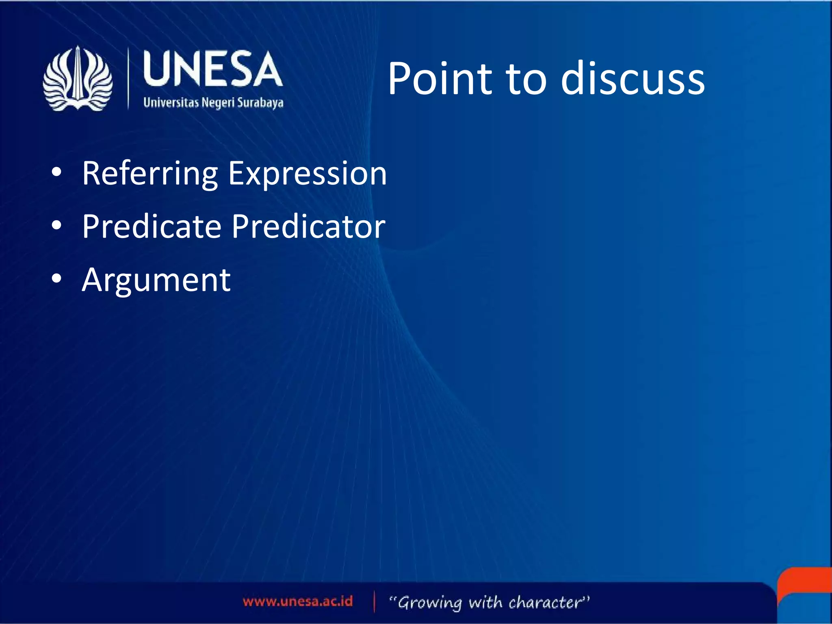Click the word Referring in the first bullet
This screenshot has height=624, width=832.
tap(150, 174)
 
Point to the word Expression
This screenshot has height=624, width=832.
tap(307, 174)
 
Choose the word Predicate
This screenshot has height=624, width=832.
tap(152, 227)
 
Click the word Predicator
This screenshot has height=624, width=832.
tap(308, 227)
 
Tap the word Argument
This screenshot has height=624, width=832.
tap(156, 280)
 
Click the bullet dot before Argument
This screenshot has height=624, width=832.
tap(57, 279)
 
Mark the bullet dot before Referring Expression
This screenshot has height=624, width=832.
tap(57, 172)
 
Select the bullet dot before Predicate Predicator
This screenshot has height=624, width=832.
tap(57, 225)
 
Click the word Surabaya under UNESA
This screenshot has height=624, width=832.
tap(260, 102)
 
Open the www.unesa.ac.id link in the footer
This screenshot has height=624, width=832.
tap(297, 601)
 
